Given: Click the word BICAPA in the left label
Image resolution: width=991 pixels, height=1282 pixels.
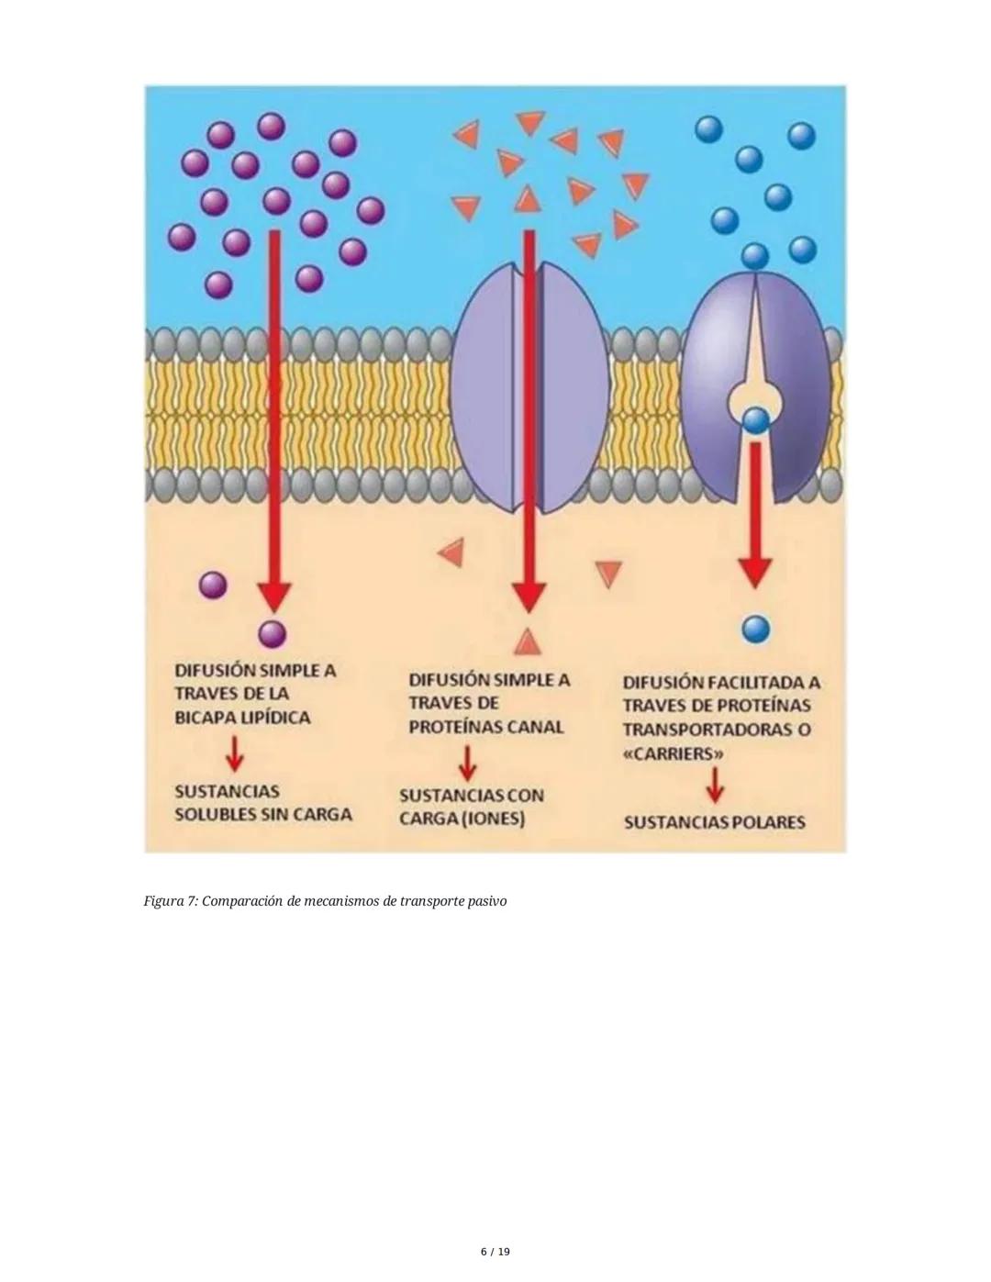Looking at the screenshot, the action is coord(204,718).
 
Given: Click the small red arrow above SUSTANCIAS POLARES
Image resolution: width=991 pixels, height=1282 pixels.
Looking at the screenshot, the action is coord(715,786).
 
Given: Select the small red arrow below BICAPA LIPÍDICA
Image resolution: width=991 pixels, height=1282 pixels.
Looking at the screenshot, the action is coord(235,753).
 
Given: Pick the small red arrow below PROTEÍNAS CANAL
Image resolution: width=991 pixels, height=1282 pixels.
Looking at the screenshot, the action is coord(468,764).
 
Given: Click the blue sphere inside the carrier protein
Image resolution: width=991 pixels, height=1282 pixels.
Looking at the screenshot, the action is coord(756,420).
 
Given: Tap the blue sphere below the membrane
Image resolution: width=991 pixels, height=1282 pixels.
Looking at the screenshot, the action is coord(756,630).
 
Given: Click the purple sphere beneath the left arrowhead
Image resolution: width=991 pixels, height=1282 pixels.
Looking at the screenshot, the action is coord(273,635).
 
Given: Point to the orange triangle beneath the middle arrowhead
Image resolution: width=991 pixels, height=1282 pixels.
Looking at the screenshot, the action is coord(527,641).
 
